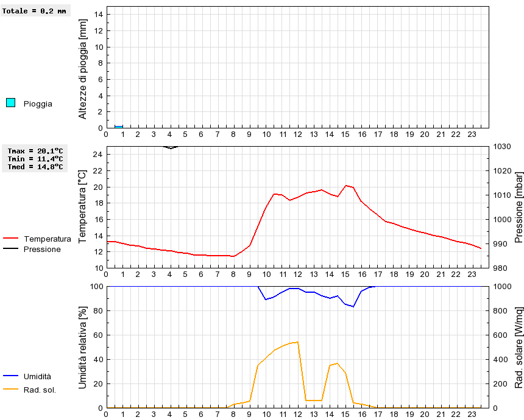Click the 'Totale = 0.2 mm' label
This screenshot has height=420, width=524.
pyautogui.click(x=34, y=11)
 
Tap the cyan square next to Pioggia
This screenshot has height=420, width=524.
pyautogui.click(x=10, y=103)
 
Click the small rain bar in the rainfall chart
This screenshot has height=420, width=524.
pyautogui.click(x=119, y=127)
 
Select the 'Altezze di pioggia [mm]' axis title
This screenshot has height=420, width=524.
pyautogui.click(x=83, y=68)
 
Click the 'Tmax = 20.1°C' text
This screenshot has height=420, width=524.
pyautogui.click(x=35, y=151)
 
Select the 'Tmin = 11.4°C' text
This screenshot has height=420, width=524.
pyautogui.click(x=35, y=159)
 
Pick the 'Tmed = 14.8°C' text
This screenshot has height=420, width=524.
pyautogui.click(x=35, y=167)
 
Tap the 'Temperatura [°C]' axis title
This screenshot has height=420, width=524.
pyautogui.click(x=83, y=207)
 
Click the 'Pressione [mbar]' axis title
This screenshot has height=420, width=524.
pyautogui.click(x=519, y=207)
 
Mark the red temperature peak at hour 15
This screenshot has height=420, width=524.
pyautogui.click(x=346, y=185)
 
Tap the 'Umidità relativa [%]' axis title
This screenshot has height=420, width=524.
pyautogui.click(x=83, y=347)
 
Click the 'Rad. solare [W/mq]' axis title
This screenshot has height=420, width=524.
pyautogui.click(x=519, y=347)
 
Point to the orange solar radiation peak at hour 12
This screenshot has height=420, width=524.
pyautogui.click(x=297, y=342)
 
